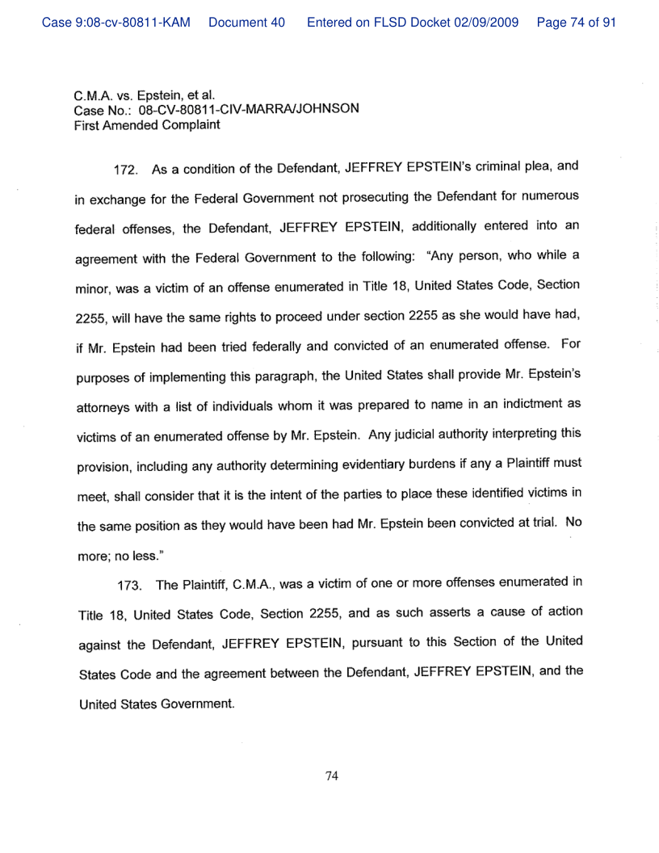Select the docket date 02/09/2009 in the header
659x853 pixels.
click(491, 23)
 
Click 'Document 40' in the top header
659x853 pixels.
click(246, 23)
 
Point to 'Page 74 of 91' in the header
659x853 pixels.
click(577, 23)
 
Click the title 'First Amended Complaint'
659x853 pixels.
click(147, 125)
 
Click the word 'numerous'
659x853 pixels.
click(550, 199)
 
